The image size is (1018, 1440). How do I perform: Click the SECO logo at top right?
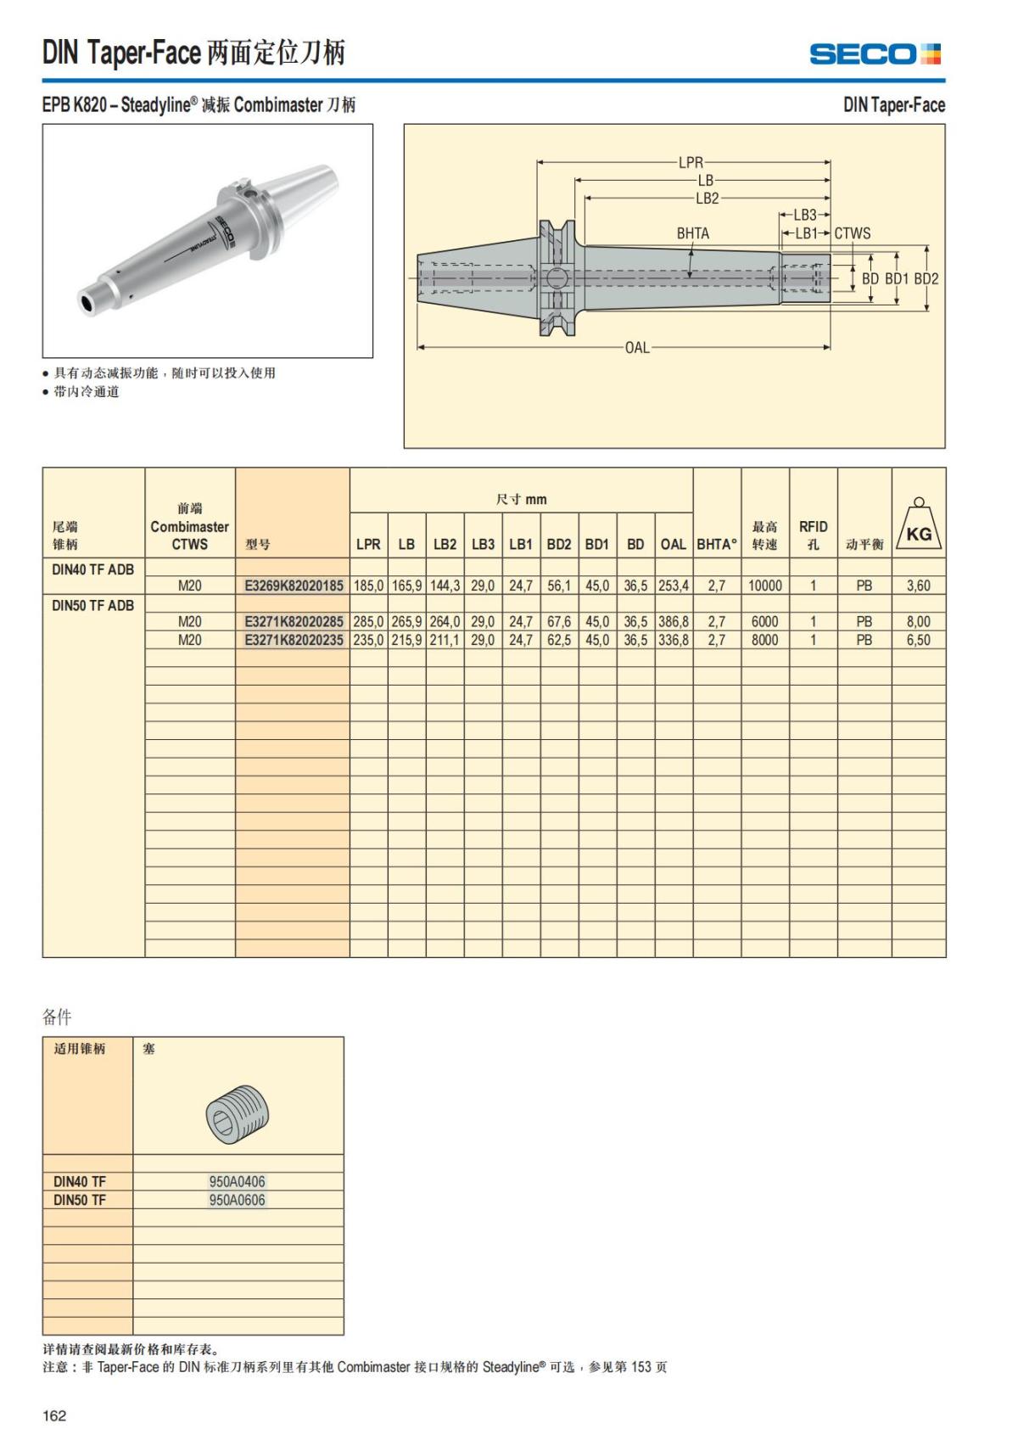pyautogui.click(x=875, y=54)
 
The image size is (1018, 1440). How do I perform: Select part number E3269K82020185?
pyautogui.click(x=294, y=586)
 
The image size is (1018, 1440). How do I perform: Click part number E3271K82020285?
pyautogui.click(x=294, y=622)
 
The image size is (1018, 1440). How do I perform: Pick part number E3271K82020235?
pyautogui.click(x=294, y=640)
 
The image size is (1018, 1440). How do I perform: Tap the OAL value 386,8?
pyautogui.click(x=674, y=622)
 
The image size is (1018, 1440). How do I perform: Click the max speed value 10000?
pyautogui.click(x=764, y=586)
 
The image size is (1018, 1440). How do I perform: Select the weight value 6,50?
pyautogui.click(x=918, y=640)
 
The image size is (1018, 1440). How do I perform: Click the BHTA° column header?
pyautogui.click(x=717, y=544)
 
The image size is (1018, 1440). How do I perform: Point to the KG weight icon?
pyautogui.click(x=919, y=525)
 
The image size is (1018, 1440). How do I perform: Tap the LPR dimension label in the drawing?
pyautogui.click(x=691, y=162)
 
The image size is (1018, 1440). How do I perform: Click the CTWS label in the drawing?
pyautogui.click(x=852, y=233)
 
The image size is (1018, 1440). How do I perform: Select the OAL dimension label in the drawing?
pyautogui.click(x=637, y=347)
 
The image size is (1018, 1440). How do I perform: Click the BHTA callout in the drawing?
pyautogui.click(x=692, y=233)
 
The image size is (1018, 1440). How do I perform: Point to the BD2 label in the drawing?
pyautogui.click(x=926, y=278)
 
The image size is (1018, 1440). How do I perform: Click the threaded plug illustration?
pyautogui.click(x=238, y=1113)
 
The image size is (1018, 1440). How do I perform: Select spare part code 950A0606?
pyautogui.click(x=238, y=1200)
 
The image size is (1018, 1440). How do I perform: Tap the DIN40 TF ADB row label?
pyautogui.click(x=92, y=569)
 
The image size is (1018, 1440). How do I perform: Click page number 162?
pyautogui.click(x=54, y=1415)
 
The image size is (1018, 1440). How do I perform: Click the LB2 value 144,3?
pyautogui.click(x=445, y=586)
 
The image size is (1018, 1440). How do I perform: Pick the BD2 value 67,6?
pyautogui.click(x=559, y=622)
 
